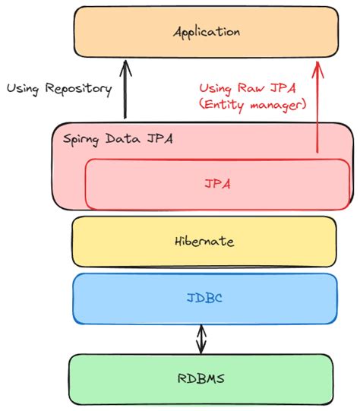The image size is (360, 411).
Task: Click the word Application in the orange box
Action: pyautogui.click(x=207, y=33)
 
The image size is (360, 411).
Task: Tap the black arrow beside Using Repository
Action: pyautogui.click(x=125, y=90)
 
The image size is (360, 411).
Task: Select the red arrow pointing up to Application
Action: pyautogui.click(x=317, y=107)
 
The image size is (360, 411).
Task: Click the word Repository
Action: pyautogui.click(x=78, y=89)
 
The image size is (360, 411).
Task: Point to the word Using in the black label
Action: pyautogui.click(x=23, y=89)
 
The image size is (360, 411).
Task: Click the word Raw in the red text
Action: pyautogui.click(x=251, y=88)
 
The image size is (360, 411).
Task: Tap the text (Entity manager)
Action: pyautogui.click(x=252, y=105)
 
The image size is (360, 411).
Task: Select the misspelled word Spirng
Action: pyautogui.click(x=81, y=139)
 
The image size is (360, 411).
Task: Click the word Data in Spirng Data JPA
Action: pyautogui.click(x=122, y=138)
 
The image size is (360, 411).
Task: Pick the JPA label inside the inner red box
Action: pyautogui.click(x=217, y=184)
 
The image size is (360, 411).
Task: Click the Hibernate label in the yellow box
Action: pyautogui.click(x=204, y=241)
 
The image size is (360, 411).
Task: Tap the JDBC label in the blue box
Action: pyautogui.click(x=204, y=298)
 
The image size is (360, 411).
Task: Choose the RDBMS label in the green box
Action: pyautogui.click(x=201, y=378)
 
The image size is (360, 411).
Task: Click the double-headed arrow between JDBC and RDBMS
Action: pyautogui.click(x=201, y=339)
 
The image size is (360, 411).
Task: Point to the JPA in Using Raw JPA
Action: pyautogui.click(x=283, y=88)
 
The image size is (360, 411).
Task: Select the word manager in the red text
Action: pyautogui.click(x=278, y=106)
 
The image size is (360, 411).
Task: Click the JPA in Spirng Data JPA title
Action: pyautogui.click(x=159, y=138)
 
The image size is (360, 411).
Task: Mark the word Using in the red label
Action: pyautogui.click(x=216, y=89)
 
